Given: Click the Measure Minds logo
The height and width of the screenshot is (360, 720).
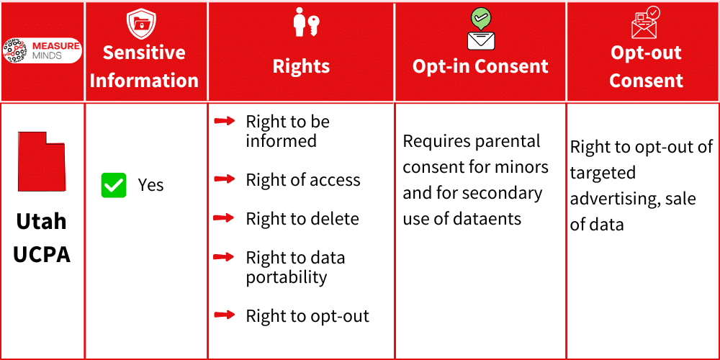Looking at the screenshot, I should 42,50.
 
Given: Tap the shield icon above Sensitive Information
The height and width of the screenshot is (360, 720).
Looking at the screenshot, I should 141,24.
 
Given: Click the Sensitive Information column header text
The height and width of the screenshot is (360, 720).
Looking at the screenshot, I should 144,66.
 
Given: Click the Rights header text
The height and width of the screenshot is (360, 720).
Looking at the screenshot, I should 301,66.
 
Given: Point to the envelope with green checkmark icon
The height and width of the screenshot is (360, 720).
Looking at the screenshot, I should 480,29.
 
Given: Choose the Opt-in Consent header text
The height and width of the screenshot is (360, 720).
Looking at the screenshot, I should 480,66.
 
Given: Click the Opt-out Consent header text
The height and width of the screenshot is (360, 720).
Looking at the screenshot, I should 646,66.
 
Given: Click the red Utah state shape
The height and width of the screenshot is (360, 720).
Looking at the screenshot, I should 41,162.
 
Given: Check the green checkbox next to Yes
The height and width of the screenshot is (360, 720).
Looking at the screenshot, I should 114,185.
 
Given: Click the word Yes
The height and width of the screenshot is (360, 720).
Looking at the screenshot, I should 150,185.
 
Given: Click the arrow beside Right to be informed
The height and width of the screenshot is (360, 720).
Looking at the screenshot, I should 225,121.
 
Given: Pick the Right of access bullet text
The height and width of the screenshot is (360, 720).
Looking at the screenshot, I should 303,180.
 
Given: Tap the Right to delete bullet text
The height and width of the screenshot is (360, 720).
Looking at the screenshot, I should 302,219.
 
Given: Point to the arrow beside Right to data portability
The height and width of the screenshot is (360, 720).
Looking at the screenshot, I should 225,257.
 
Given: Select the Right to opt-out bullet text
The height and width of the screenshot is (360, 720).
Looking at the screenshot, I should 307,316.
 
